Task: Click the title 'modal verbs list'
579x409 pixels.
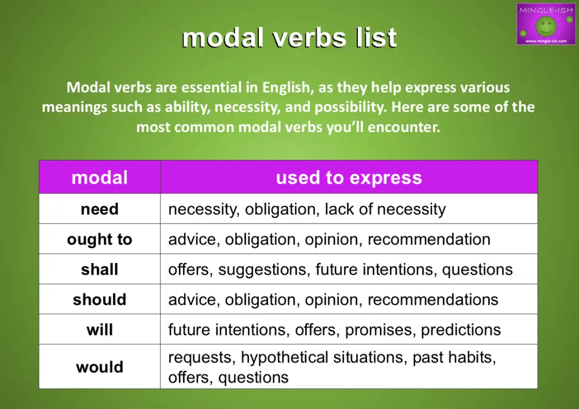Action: (x=289, y=38)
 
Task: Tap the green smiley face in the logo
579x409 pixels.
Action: (x=546, y=25)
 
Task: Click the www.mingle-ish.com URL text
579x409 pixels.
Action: (x=546, y=41)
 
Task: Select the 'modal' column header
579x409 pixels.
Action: (x=100, y=177)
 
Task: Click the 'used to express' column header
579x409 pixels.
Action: (x=349, y=177)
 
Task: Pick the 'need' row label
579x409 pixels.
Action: (x=100, y=209)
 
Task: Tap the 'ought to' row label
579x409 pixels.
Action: (x=100, y=239)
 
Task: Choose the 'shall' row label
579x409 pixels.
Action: (x=100, y=269)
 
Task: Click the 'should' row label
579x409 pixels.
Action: (x=100, y=300)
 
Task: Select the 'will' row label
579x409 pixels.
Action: (x=100, y=330)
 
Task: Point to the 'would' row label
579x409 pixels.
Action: (x=100, y=367)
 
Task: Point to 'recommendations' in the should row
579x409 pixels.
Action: (x=433, y=300)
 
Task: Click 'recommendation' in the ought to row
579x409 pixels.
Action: (x=428, y=239)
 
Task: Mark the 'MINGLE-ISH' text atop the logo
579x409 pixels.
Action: (x=546, y=10)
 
